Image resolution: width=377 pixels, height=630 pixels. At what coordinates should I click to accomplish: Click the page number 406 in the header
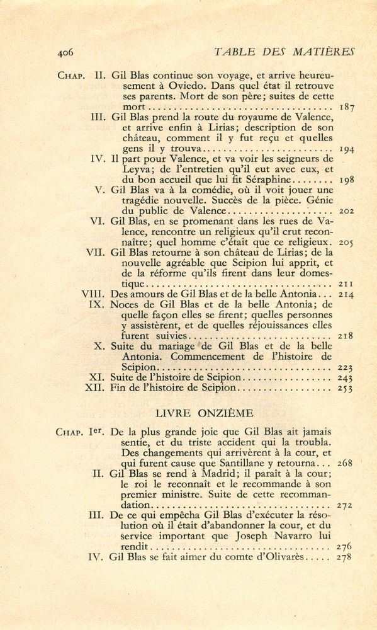coord(65,52)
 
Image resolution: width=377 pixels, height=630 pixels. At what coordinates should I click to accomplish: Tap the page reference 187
coord(346,108)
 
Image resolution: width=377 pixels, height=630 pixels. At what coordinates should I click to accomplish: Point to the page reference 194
coord(346,150)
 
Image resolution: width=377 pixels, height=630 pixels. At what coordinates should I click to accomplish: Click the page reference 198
coord(346,180)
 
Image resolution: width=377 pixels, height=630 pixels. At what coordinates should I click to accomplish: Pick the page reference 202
coord(346,210)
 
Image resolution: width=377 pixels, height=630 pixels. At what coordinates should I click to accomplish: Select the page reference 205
coord(346,241)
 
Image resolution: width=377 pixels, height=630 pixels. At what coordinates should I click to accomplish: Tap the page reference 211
coord(346,283)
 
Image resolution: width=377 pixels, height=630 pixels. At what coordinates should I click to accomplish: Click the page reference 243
coord(346,377)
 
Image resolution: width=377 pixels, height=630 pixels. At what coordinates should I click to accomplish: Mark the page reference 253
coord(346,389)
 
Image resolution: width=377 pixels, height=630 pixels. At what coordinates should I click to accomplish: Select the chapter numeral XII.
coord(95,388)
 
